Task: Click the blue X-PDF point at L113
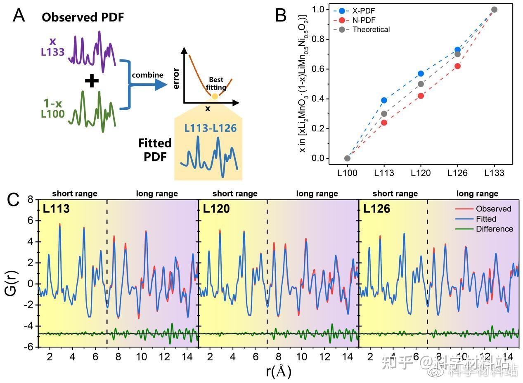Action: (x=384, y=100)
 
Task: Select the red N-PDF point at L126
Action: (x=457, y=66)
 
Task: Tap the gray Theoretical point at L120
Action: (x=421, y=84)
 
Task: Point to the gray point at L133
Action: (x=494, y=9)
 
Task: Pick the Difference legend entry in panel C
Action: (x=494, y=229)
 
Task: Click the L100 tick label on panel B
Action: (x=347, y=173)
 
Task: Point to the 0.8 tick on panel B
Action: (x=319, y=40)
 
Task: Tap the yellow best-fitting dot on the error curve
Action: (x=215, y=96)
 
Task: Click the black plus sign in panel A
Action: (x=91, y=81)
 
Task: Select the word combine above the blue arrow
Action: (x=147, y=75)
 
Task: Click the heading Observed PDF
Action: (x=83, y=17)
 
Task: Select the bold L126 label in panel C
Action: (x=376, y=209)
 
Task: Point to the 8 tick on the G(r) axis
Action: (x=30, y=199)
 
